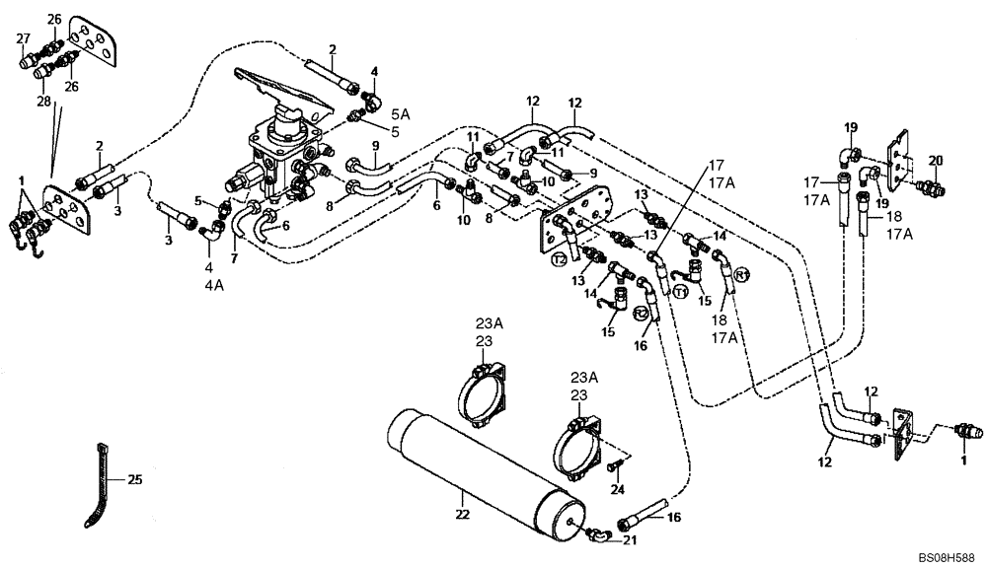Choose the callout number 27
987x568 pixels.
[23, 38]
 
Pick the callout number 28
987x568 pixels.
[42, 102]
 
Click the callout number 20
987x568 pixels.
[936, 160]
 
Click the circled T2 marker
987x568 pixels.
[559, 259]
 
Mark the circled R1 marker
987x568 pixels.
[743, 273]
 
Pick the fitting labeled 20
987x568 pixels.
[928, 183]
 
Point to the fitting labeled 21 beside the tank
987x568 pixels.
[593, 533]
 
